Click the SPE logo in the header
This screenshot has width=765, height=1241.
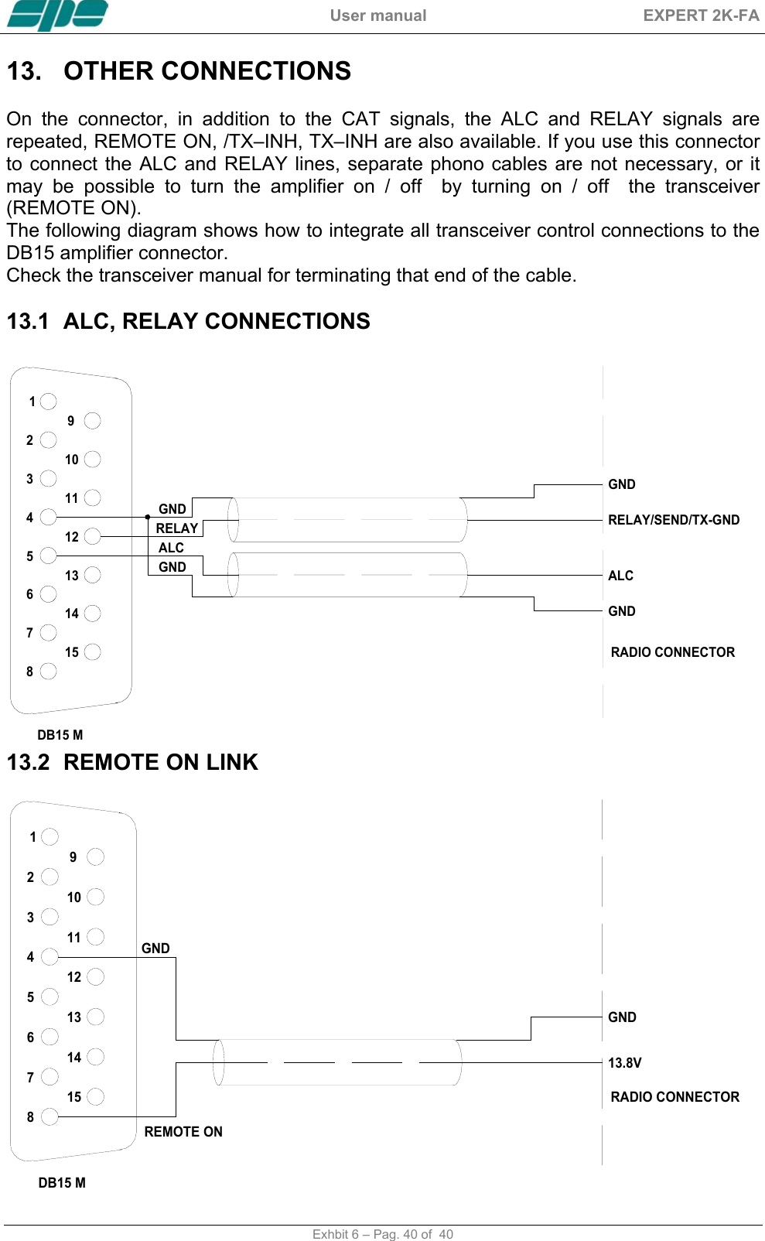[x=57, y=15]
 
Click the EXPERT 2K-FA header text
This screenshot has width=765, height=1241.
[x=701, y=15]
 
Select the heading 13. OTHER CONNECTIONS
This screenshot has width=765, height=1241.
[x=179, y=71]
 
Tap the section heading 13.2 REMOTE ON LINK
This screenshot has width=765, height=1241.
[x=132, y=762]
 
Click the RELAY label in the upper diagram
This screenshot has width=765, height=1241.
[x=177, y=528]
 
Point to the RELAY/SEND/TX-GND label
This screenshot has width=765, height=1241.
[x=673, y=520]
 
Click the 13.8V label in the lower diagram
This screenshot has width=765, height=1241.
[x=624, y=1063]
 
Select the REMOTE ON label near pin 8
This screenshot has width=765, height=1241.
[x=183, y=1132]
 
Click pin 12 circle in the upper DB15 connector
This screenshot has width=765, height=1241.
[x=93, y=536]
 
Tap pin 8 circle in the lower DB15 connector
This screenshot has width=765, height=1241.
[x=50, y=1116]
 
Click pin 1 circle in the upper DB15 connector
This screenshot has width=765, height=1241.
[x=49, y=401]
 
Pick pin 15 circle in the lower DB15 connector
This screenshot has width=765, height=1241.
[x=96, y=1096]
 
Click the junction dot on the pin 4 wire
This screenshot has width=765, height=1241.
[x=148, y=517]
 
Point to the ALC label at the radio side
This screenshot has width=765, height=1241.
[x=620, y=576]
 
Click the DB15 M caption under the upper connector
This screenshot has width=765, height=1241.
[x=60, y=735]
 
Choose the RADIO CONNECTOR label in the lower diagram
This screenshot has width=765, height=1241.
[x=674, y=1097]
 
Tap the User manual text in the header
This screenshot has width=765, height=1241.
[x=377, y=15]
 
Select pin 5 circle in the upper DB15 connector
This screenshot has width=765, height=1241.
[x=49, y=556]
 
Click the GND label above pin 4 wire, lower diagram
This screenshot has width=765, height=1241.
[x=155, y=949]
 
